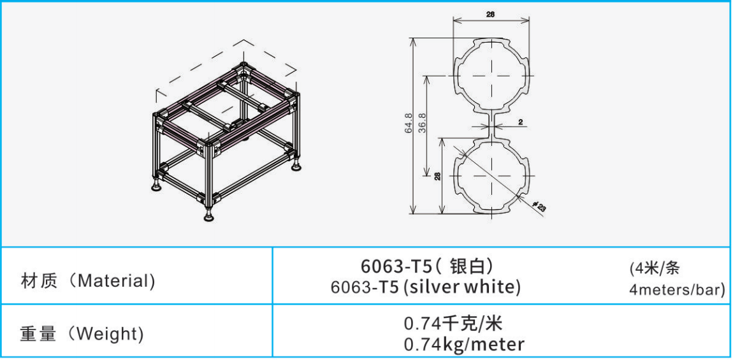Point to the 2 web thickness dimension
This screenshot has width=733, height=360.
[520, 122]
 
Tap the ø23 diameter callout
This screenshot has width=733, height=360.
[539, 206]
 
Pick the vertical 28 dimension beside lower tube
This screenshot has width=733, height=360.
[437, 176]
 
